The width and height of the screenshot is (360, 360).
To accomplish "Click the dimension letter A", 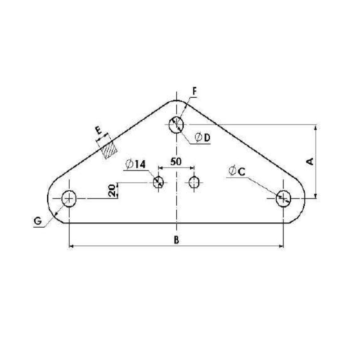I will tap(310, 161).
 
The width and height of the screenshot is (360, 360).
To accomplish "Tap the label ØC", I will tap(237, 171).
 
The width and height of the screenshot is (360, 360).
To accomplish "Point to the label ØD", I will tap(202, 138).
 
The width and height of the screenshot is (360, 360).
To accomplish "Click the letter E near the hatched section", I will tap(99, 131).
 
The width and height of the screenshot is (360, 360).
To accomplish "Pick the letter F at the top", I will tap(194, 91).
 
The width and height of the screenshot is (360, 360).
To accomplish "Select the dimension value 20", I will tap(112, 190).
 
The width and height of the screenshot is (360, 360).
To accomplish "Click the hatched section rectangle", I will tap(109, 150).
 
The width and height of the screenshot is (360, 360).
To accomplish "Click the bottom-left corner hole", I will tap(69, 198).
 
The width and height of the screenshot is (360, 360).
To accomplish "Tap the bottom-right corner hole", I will tap(283, 198).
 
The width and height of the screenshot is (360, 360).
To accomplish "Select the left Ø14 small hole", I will tap(158, 182).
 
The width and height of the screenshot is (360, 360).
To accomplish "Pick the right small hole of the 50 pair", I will tap(194, 182).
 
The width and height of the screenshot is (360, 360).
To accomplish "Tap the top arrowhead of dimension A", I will tap(316, 127).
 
